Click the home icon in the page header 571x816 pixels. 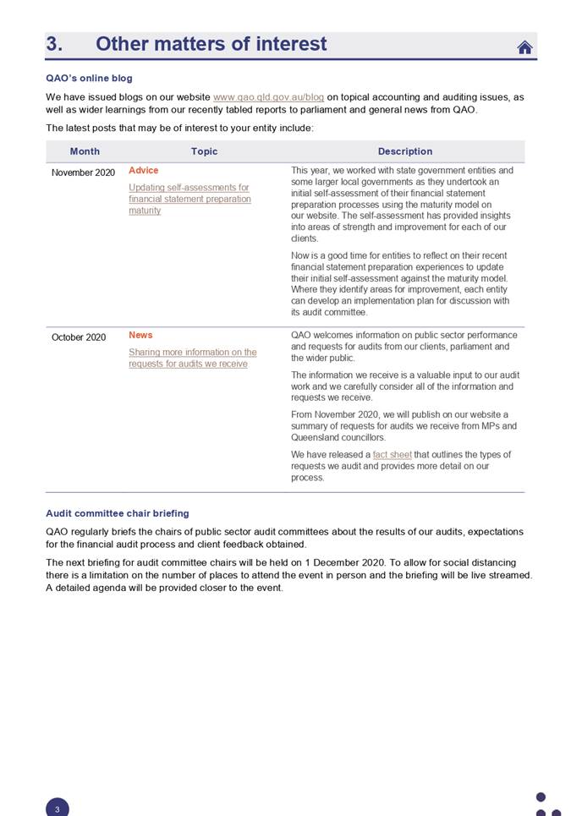coord(524,47)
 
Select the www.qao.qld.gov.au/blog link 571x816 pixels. coord(268,97)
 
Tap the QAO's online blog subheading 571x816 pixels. coord(89,79)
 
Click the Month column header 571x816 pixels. coord(85,151)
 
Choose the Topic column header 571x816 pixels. coord(204,151)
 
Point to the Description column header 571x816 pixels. coord(404,151)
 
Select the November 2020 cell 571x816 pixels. coord(83,173)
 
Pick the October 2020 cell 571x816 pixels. coord(79,337)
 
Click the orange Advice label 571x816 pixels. coord(143,171)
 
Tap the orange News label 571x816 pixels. coord(140,336)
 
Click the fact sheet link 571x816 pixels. coord(392,455)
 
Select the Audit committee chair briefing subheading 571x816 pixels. coord(117,513)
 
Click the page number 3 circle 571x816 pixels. coord(57,808)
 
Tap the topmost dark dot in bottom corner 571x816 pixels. coord(541,797)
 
